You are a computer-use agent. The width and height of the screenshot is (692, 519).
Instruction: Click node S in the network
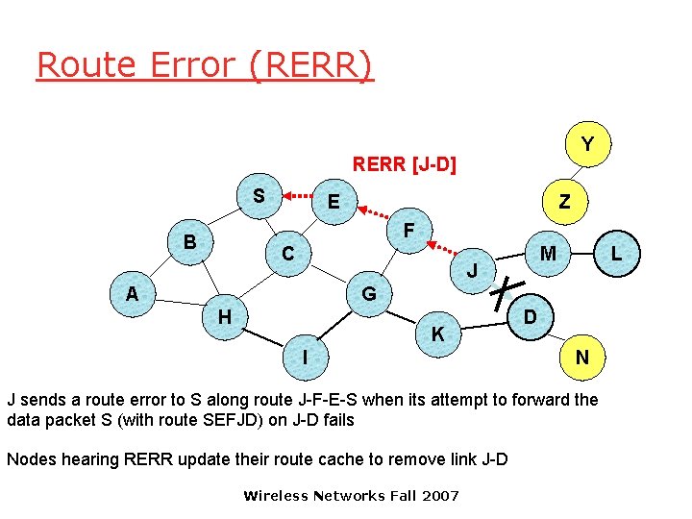pyautogui.click(x=259, y=196)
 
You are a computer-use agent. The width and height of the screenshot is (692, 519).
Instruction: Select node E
pyautogui.click(x=334, y=202)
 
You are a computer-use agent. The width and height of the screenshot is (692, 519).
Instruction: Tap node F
pyautogui.click(x=409, y=232)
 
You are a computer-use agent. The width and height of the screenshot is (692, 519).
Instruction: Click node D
pyautogui.click(x=531, y=316)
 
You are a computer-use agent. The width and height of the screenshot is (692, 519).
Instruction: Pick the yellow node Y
pyautogui.click(x=587, y=144)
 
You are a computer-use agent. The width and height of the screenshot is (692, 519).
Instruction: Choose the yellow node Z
pyautogui.click(x=565, y=202)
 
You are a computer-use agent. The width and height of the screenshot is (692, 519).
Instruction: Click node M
pyautogui.click(x=548, y=254)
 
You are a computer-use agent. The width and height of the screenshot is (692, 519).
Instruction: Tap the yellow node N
pyautogui.click(x=582, y=358)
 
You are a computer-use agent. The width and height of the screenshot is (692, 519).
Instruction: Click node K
pyautogui.click(x=438, y=334)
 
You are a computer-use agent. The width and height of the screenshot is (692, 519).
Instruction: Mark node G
pyautogui.click(x=369, y=293)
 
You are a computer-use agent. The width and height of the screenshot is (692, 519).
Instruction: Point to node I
pyautogui.click(x=305, y=358)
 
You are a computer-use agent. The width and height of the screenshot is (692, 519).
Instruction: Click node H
pyautogui.click(x=224, y=316)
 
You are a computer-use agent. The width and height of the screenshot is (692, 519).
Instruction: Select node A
pyautogui.click(x=133, y=293)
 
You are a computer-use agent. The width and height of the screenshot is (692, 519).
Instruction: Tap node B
pyautogui.click(x=190, y=242)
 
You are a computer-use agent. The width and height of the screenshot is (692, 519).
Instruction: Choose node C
pyautogui.click(x=287, y=255)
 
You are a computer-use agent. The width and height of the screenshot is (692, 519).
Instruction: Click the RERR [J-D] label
pyautogui.click(x=405, y=164)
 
